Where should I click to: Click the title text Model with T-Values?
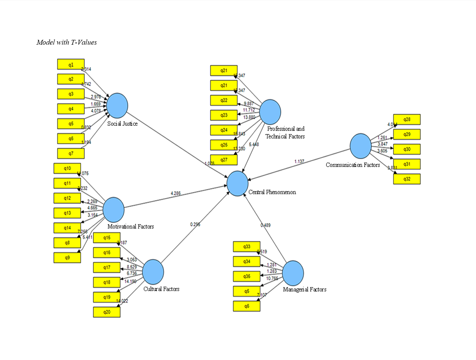pos(67,42)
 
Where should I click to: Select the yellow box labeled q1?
pos(71,65)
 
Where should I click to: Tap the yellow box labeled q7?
pos(71,153)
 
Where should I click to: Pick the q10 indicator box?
pos(67,168)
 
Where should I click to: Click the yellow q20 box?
pos(107,312)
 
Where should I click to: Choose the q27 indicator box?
pos(224,160)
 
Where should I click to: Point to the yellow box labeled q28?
pos(407,120)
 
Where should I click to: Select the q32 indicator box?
pos(407,179)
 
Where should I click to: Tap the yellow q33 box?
pos(247,247)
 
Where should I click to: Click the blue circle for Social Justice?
pos(117,105)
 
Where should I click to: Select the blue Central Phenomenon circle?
pos(237,183)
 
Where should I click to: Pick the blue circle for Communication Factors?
pos(361,146)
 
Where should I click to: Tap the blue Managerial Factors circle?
pos(293,273)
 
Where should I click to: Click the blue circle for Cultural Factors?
pos(153,272)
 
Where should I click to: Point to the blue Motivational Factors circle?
pos(113,210)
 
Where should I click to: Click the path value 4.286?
pos(176,193)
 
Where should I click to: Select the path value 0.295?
pos(195,224)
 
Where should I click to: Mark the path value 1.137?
pos(299,161)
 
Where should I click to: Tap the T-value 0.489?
pos(266,225)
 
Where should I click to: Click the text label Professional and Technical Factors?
pos(285,133)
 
